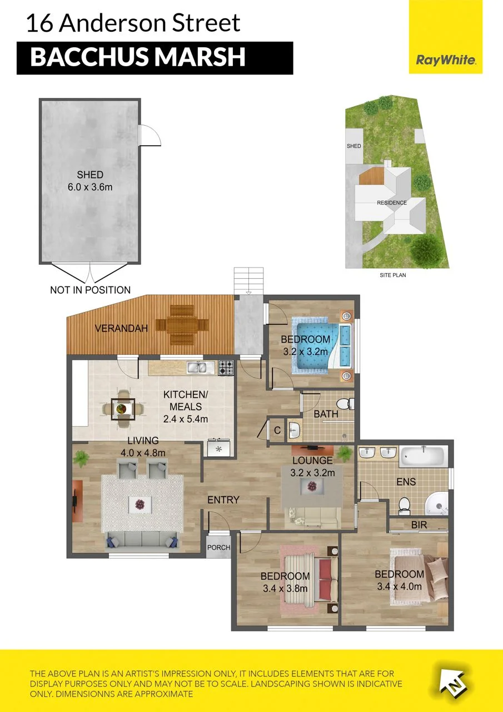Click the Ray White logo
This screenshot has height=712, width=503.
point(446,37)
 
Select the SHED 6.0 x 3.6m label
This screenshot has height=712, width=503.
point(90,181)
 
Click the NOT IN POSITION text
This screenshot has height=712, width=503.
point(90,290)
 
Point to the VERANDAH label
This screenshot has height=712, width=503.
point(121,328)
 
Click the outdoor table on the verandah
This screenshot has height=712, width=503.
point(182,325)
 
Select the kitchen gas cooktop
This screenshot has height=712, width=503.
point(226,368)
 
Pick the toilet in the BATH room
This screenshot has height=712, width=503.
point(345,404)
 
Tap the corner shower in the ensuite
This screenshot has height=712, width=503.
point(437,504)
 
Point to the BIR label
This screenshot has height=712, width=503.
point(419,525)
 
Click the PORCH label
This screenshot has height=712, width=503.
point(218,547)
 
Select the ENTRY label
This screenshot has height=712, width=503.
point(223,500)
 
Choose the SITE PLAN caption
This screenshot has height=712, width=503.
point(393,275)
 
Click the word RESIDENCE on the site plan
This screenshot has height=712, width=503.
point(392,202)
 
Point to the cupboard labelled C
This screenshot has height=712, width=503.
point(277,430)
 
